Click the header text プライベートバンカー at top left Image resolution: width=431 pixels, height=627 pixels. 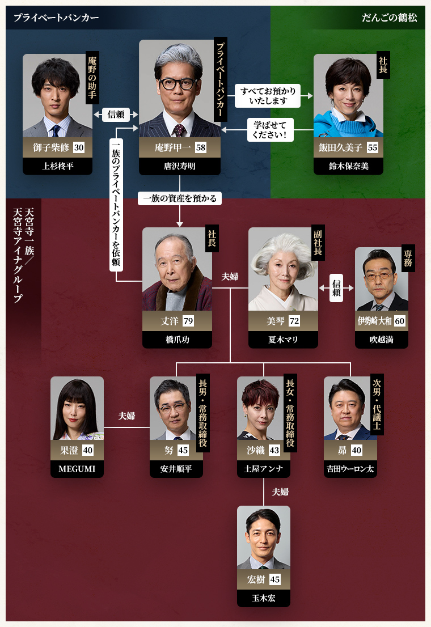(x=56, y=18)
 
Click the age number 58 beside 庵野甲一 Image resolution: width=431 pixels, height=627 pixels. (x=200, y=147)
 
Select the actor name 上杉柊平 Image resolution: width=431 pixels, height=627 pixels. (x=57, y=166)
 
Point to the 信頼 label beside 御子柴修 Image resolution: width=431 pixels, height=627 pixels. (x=116, y=114)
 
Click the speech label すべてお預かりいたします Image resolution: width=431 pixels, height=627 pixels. (x=268, y=95)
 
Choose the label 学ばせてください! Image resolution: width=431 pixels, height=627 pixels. (x=270, y=130)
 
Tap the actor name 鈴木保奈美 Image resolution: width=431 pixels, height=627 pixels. (x=348, y=166)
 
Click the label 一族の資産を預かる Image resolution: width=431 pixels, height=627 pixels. (x=179, y=198)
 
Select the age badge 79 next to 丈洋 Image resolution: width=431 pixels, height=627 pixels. (x=188, y=321)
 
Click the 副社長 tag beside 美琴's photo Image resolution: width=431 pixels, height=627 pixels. (x=318, y=243)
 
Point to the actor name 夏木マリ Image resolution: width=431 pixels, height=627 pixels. (x=283, y=340)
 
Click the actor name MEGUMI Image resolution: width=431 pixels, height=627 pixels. (x=77, y=469)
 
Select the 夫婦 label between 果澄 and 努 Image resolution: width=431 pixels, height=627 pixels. (x=126, y=416)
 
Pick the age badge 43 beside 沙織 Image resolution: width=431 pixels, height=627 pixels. (x=274, y=451)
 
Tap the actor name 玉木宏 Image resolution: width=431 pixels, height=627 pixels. (x=264, y=598)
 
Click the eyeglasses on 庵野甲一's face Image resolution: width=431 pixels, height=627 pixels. (x=178, y=84)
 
